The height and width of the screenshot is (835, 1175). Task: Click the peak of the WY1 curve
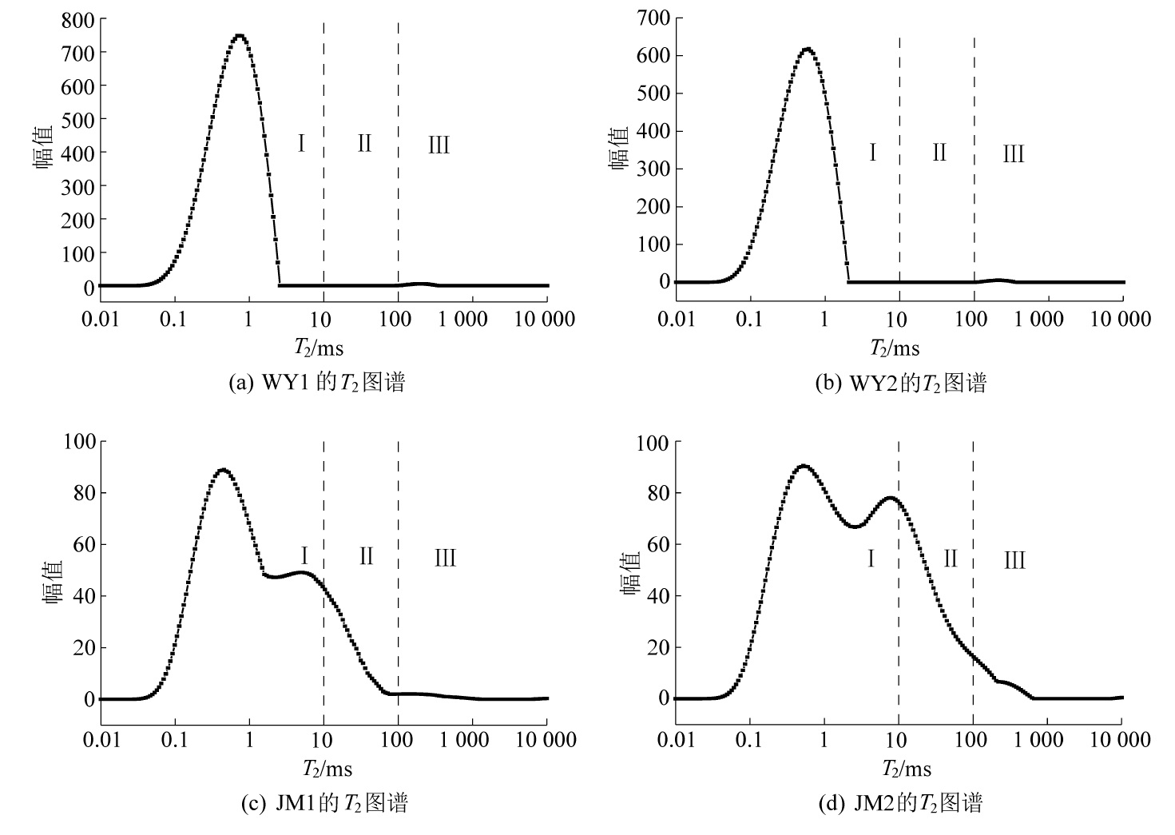point(238,36)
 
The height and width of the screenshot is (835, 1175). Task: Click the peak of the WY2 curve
point(807,49)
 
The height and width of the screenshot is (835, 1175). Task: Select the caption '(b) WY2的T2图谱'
point(900,384)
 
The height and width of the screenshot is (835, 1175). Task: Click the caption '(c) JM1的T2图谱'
point(324,803)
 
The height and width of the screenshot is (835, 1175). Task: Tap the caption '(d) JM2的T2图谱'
point(900,803)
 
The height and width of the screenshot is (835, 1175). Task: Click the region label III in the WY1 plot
point(439,145)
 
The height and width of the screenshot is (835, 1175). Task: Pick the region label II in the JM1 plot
point(366,555)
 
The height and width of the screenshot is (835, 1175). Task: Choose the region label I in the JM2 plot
point(871,558)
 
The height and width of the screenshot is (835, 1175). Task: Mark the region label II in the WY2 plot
point(939,152)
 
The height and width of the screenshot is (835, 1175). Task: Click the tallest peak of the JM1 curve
point(223,470)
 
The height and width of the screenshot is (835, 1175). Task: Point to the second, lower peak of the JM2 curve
point(890,498)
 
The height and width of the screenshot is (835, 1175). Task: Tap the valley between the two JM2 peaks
point(854,527)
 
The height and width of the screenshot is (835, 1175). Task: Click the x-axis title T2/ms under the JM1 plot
point(327,769)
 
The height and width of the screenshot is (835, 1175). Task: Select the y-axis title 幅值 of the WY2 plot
point(621,149)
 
